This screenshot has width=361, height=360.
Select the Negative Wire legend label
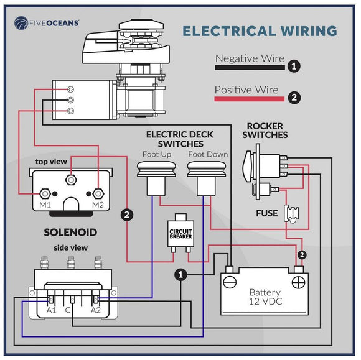pyautogui.click(x=249, y=59)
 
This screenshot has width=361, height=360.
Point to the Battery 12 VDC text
pyautogui.click(x=265, y=297)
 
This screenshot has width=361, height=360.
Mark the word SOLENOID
pyautogui.click(x=70, y=233)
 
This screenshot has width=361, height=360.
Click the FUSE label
pyautogui.click(x=266, y=214)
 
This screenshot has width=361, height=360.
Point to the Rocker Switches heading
pyautogui.click(x=265, y=131)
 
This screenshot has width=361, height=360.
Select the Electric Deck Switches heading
pyautogui.click(x=177, y=139)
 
